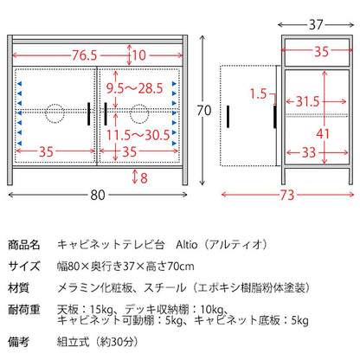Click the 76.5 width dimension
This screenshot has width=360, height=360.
tap(85, 55)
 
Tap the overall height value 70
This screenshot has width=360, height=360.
tap(204, 111)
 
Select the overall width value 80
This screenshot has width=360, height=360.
tap(98, 196)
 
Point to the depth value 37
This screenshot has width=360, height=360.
tap(316, 25)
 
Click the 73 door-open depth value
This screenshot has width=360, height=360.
tap(287, 196)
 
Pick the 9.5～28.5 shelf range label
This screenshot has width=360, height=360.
tap(135, 88)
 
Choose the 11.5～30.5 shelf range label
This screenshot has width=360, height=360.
tap(138, 135)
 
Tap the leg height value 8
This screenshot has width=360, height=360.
tap(144, 178)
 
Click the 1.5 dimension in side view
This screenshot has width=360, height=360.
tap(258, 93)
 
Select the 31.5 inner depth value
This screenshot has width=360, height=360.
tap(308, 101)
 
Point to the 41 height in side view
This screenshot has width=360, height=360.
tap(323, 134)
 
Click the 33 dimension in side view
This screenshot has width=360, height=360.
tap(309, 152)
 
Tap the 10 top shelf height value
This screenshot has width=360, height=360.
tap(139, 55)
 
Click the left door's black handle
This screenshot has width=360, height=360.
tap(89, 113)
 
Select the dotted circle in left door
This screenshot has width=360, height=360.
tap(55, 113)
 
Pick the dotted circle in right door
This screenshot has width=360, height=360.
tap(139, 113)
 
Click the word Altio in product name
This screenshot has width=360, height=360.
tap(187, 245)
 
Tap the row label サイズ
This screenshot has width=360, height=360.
tap(24, 266)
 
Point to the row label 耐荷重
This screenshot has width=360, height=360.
tap(24, 310)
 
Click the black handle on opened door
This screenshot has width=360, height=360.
tap(228, 117)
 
